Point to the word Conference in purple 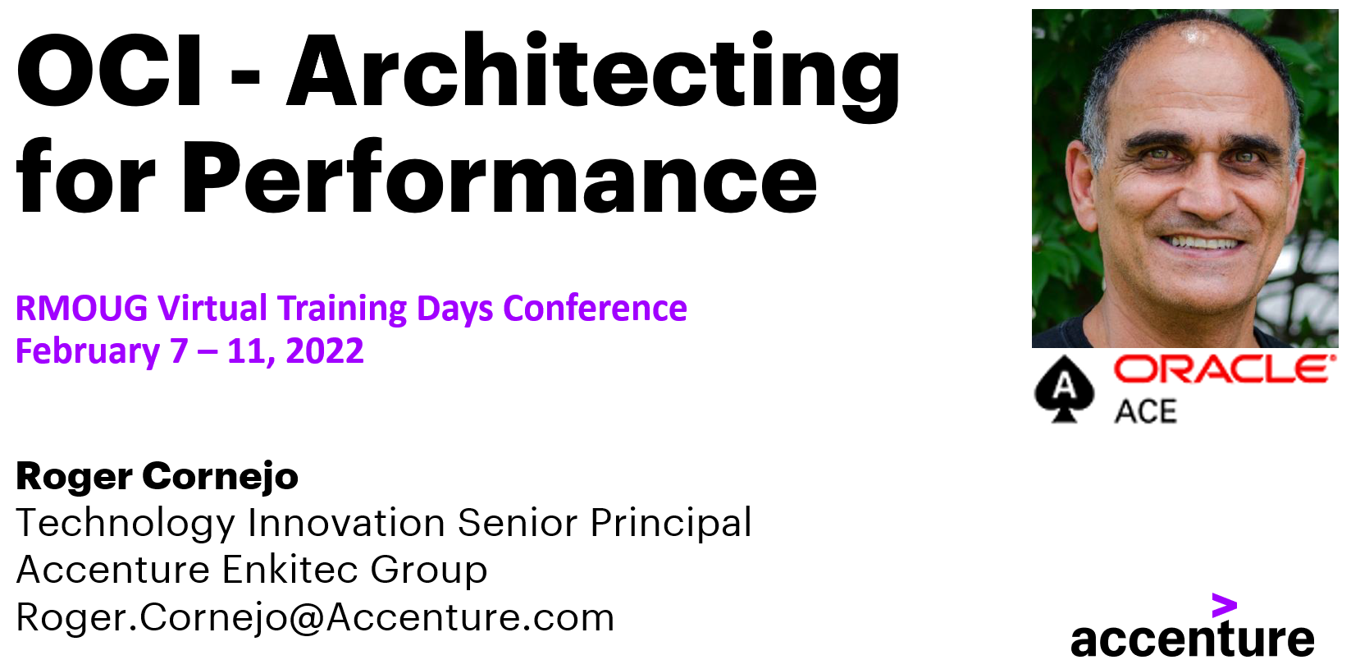click(x=595, y=309)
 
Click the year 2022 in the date click(x=325, y=351)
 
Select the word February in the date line click(x=88, y=352)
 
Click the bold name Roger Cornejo click(x=157, y=476)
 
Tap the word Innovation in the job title click(x=346, y=523)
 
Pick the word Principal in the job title click(x=670, y=524)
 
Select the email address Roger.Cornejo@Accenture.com click(x=315, y=617)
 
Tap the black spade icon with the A click(x=1064, y=388)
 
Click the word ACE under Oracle click(x=1145, y=411)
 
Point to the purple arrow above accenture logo click(x=1224, y=607)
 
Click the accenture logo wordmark click(x=1192, y=639)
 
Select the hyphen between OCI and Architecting click(x=244, y=76)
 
